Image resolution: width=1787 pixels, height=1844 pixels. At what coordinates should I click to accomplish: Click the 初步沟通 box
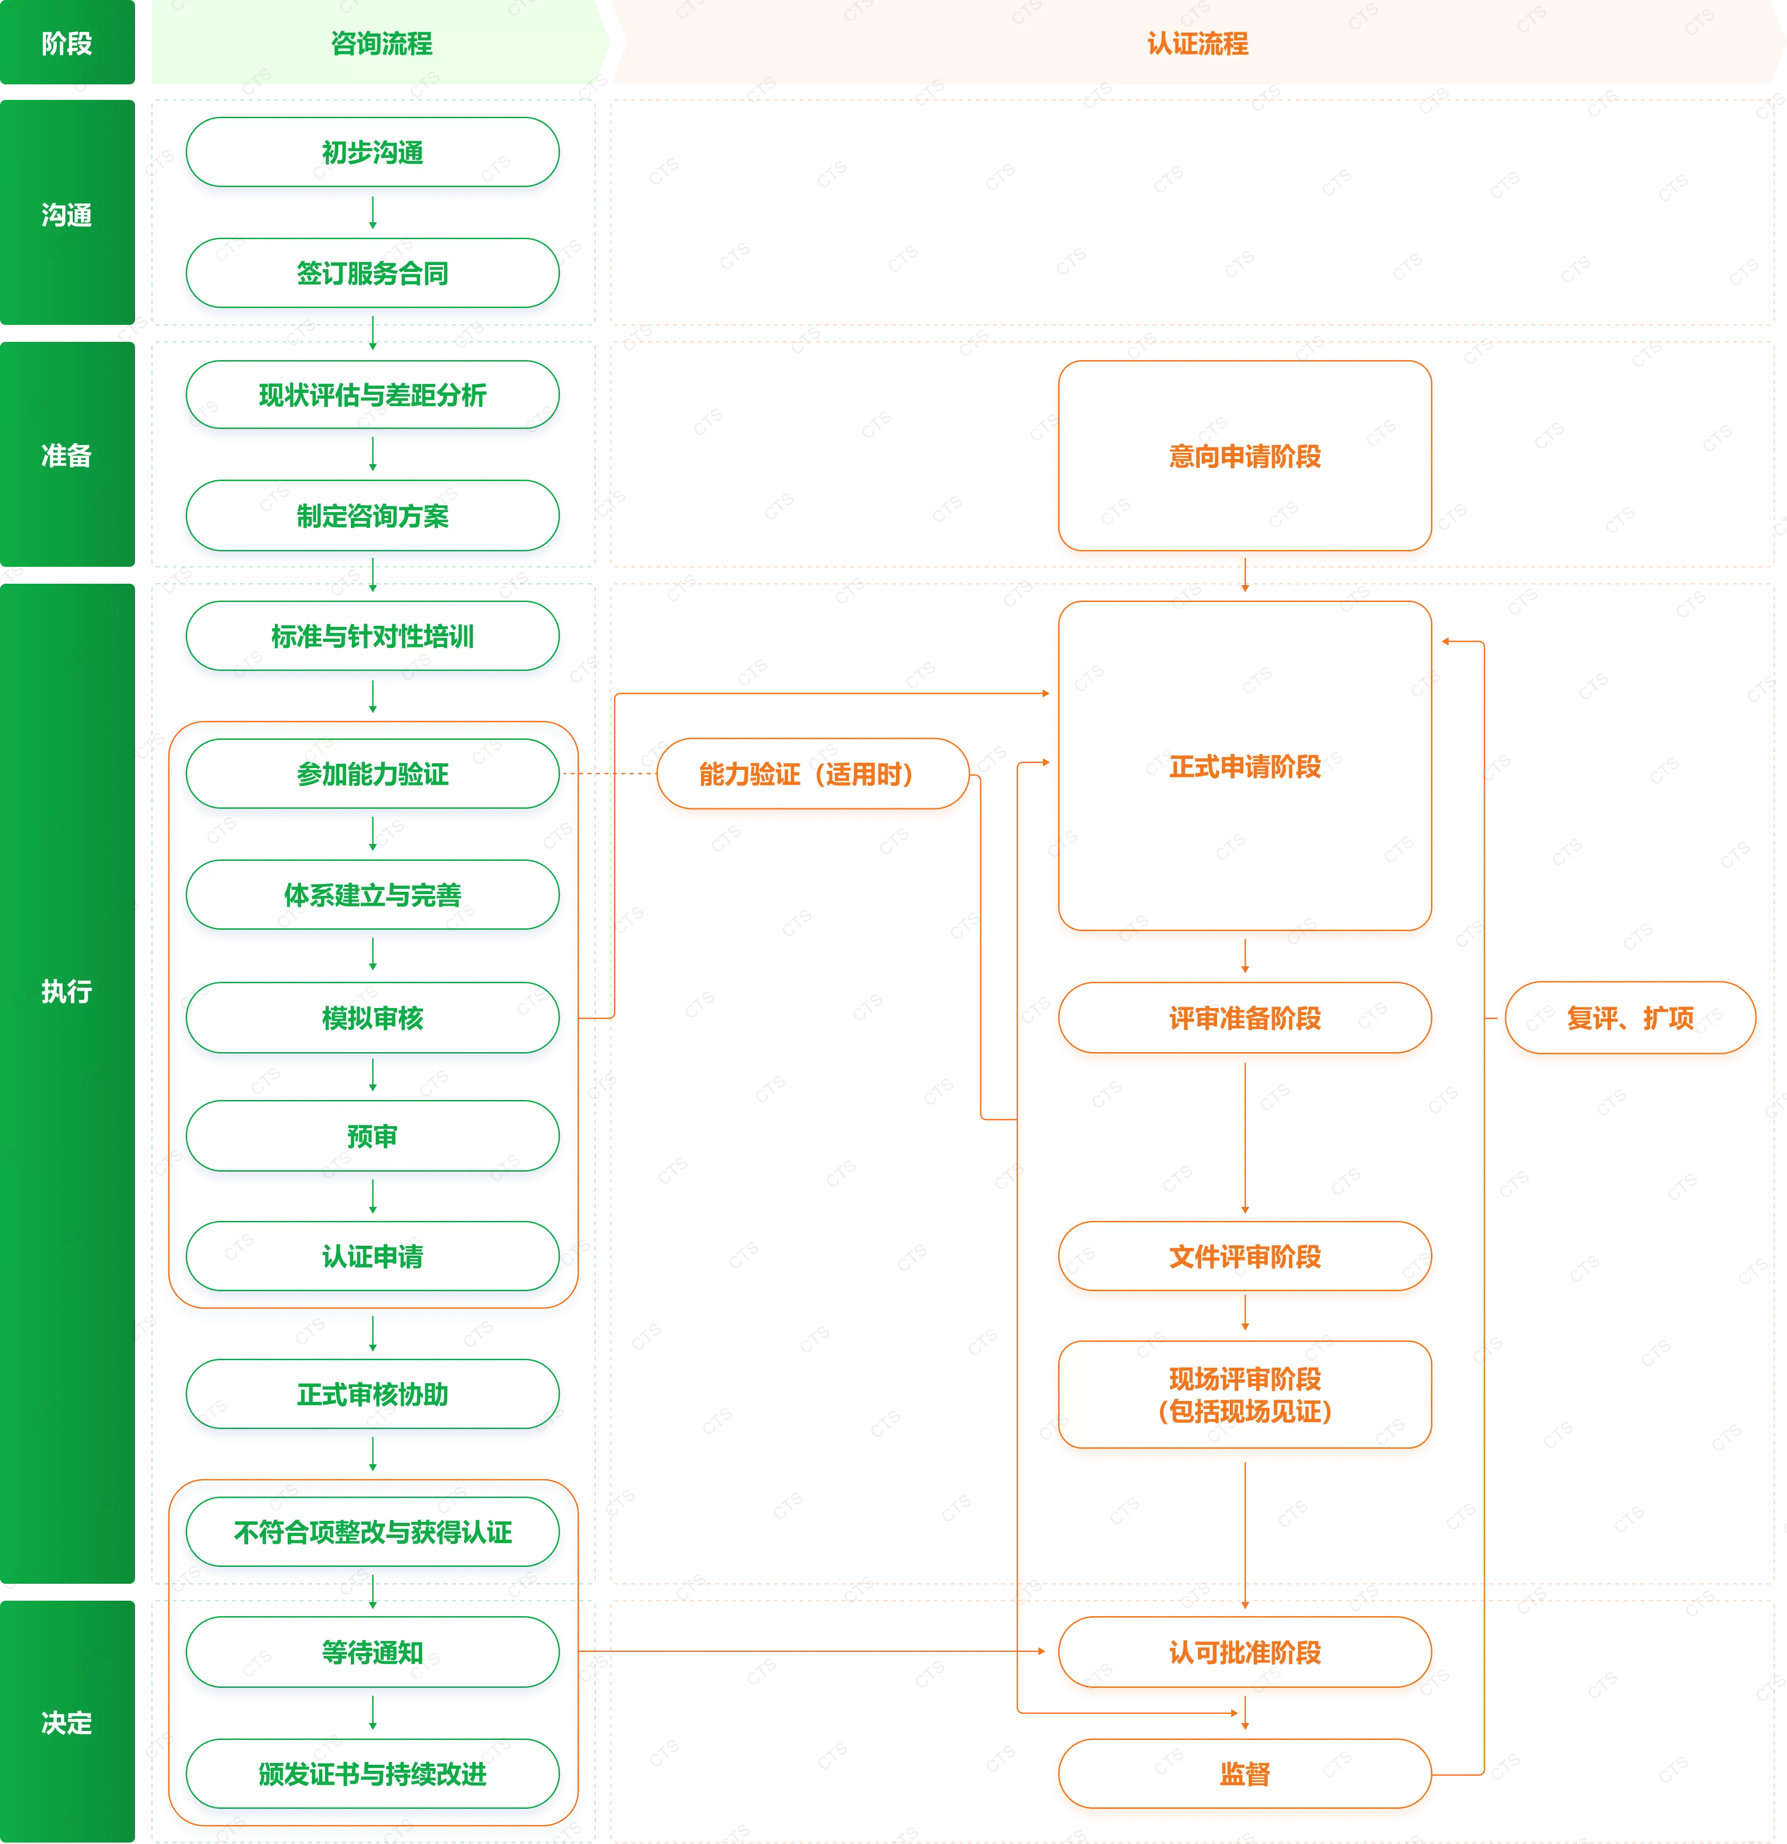pos(373,152)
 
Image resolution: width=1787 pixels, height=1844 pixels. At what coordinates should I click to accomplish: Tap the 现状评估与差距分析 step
pos(373,395)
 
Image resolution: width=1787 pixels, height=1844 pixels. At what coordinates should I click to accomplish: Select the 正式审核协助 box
pos(373,1394)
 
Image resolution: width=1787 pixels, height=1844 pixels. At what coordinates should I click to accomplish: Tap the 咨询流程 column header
pos(381,43)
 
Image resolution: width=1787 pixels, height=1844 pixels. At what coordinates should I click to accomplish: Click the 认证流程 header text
pos(1197,43)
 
